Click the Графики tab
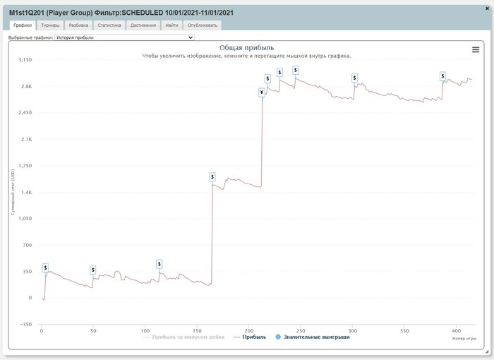point(23,25)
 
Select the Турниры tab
point(50,25)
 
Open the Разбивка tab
point(78,25)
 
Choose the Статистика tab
point(109,25)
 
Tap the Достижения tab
point(143,25)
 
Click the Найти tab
point(171,25)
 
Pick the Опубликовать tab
point(203,25)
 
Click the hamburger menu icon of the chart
point(476,49)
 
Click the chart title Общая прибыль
point(246,47)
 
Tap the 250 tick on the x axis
point(300,330)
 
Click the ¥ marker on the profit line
point(262,92)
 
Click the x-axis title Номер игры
point(463,339)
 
